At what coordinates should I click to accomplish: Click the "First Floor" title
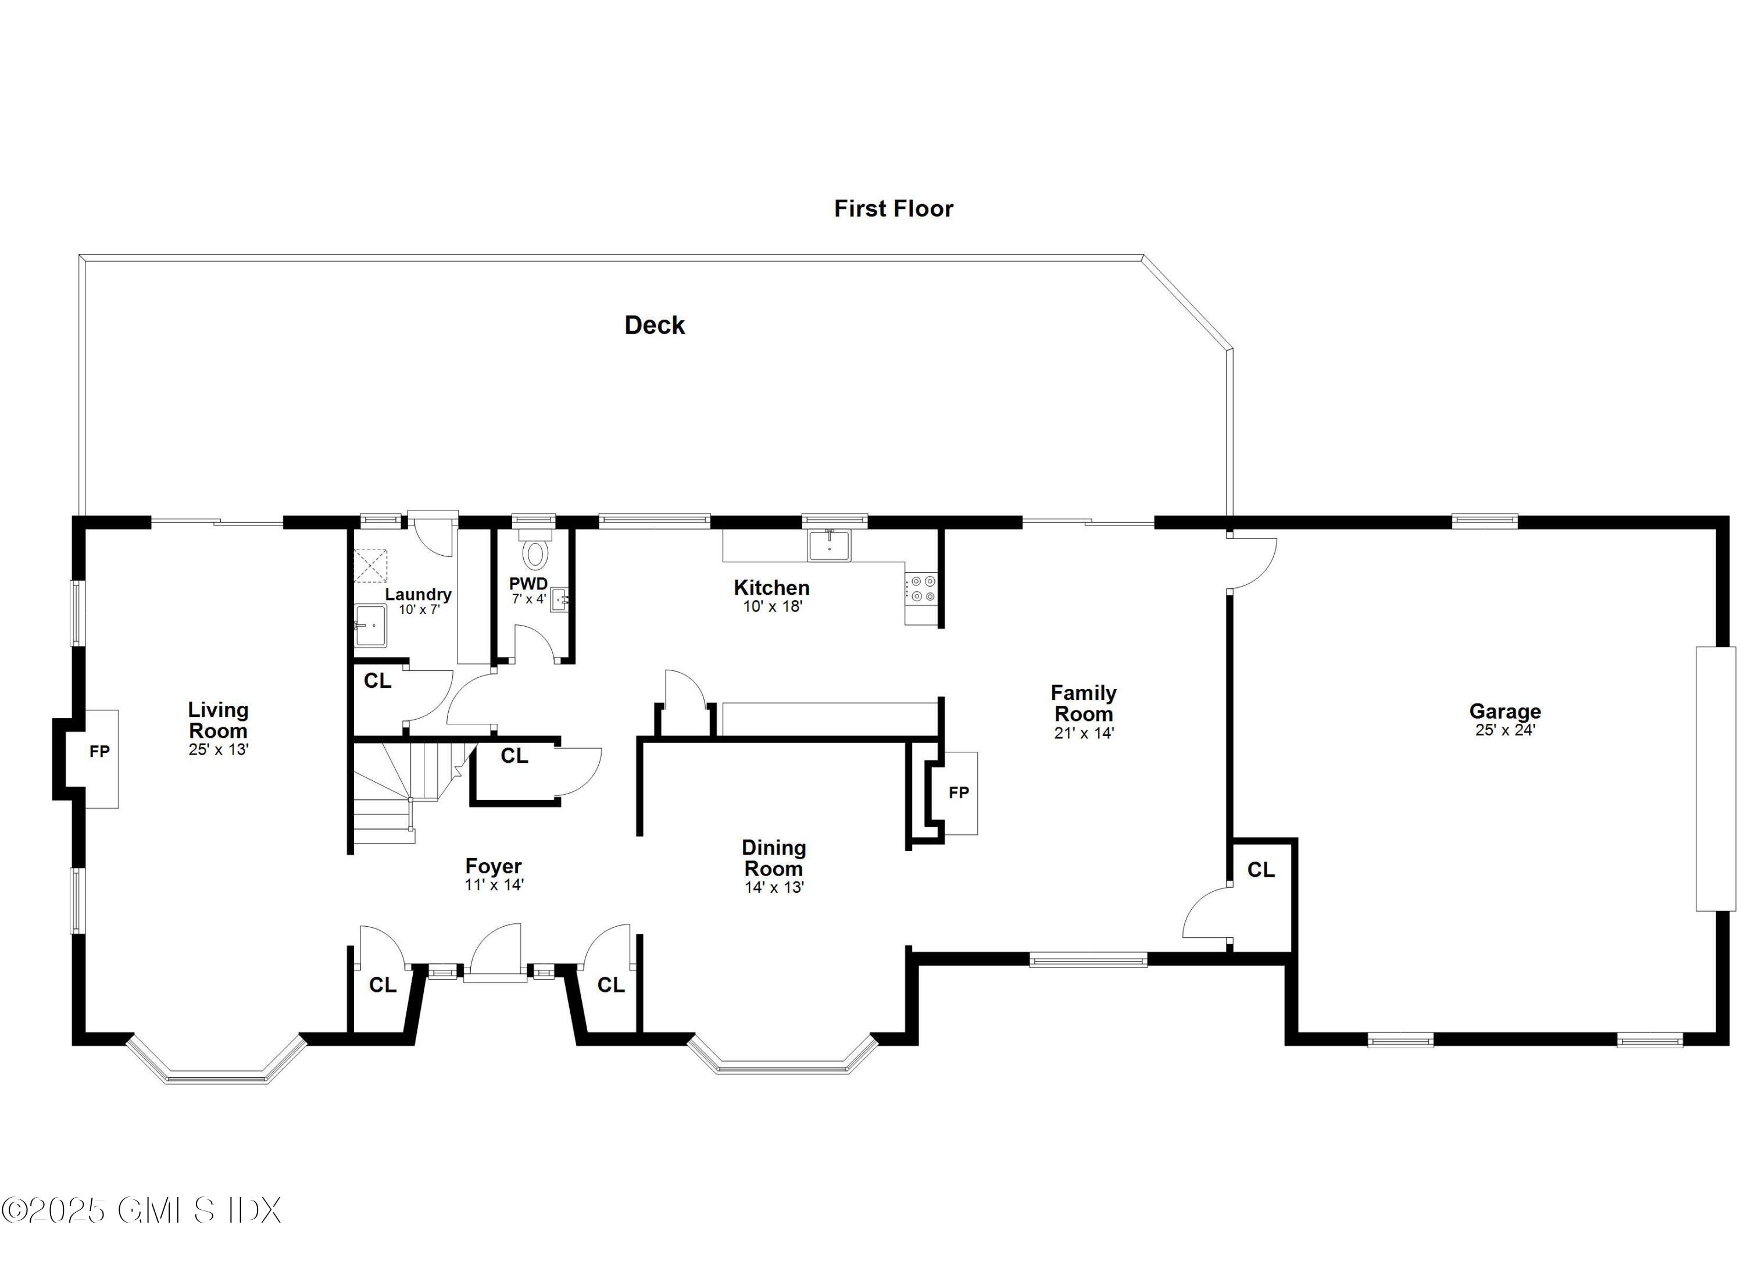[894, 208]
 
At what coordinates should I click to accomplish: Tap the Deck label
[655, 325]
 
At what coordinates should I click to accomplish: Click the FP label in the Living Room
[99, 751]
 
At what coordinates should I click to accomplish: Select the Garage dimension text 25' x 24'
[1505, 730]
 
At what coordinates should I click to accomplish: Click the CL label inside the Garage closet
[1261, 870]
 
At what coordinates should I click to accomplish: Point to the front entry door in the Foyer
[495, 953]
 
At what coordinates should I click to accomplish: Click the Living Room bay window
[217, 1065]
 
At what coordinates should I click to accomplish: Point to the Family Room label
[1084, 703]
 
